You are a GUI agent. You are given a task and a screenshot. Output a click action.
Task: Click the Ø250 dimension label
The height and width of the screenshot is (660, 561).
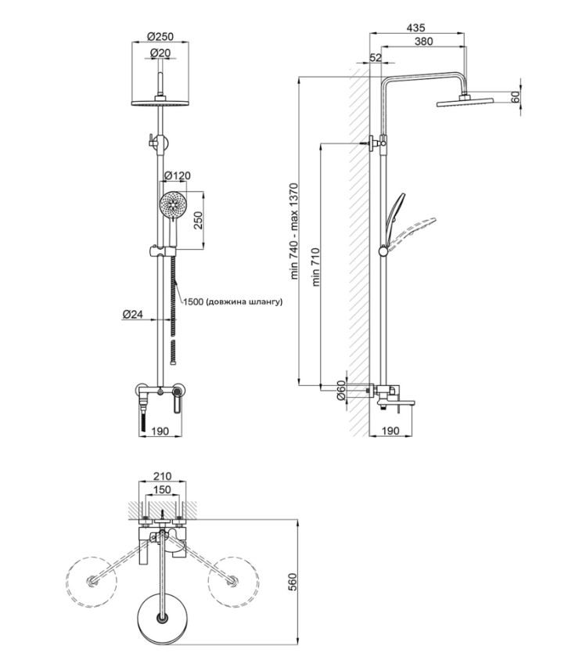point(160,37)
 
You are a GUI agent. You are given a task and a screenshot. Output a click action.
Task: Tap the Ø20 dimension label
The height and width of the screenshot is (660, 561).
point(160,53)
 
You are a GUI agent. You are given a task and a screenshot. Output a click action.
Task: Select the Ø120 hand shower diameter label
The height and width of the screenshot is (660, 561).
point(177,175)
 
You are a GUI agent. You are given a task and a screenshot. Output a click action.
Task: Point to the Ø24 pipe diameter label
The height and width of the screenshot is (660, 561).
point(133,314)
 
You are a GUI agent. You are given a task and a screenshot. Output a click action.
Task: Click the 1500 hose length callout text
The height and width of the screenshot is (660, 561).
point(233,301)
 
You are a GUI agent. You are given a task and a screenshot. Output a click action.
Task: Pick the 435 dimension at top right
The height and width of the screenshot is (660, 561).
point(416,27)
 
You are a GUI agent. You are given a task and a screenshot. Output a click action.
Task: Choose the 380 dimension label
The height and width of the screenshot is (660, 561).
point(423,41)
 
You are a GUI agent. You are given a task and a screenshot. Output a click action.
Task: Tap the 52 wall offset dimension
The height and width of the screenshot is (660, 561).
point(376,57)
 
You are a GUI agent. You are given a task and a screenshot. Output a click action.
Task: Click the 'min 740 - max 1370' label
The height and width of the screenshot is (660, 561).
point(294,231)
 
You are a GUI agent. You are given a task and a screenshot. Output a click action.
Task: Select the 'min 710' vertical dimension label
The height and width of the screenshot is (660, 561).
point(316,267)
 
